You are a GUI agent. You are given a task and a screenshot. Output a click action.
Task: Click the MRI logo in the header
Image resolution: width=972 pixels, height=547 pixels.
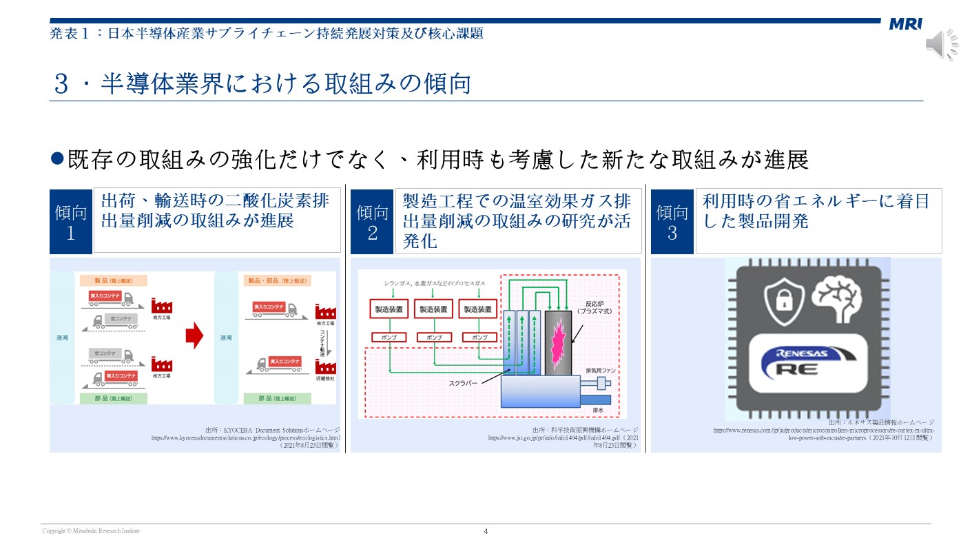[904, 25]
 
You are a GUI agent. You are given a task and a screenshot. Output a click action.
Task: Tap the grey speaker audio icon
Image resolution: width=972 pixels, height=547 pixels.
[941, 45]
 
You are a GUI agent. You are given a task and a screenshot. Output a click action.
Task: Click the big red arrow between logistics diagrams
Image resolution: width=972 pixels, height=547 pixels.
[196, 336]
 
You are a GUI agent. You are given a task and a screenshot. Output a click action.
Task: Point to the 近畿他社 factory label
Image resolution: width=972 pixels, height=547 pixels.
[325, 379]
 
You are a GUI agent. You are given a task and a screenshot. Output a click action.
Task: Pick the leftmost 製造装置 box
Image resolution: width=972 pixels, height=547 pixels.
[389, 309]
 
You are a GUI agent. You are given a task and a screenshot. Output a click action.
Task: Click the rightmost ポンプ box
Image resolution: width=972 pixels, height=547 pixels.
[479, 338]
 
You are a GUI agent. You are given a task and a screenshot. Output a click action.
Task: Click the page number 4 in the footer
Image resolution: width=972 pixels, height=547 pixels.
[486, 531]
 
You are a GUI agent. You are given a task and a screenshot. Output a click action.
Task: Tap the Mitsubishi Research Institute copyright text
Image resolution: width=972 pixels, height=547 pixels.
[91, 531]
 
